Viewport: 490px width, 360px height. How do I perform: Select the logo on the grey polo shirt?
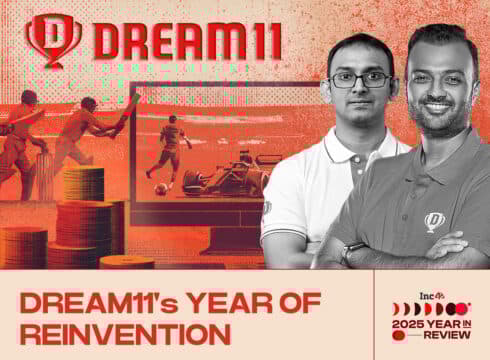(433, 221)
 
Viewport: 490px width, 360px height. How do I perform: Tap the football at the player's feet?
(161, 187)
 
